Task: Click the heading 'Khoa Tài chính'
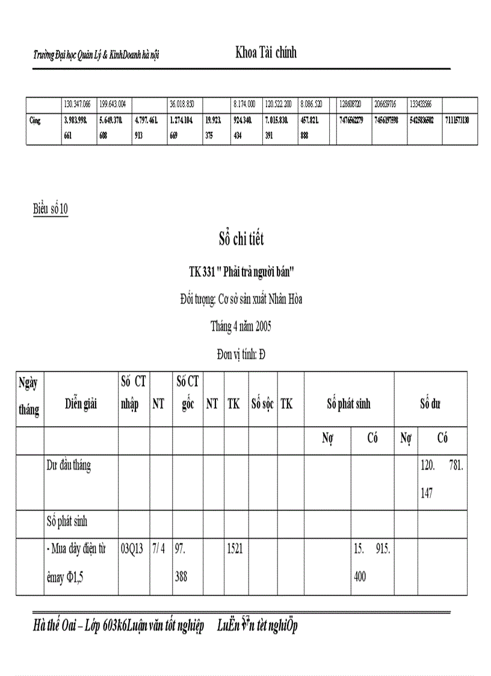(x=266, y=53)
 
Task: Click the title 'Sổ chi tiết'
(x=241, y=240)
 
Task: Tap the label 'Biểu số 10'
(x=51, y=209)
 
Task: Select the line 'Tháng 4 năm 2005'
(x=241, y=327)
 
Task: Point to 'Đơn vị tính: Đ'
(x=241, y=355)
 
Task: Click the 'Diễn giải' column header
(x=81, y=404)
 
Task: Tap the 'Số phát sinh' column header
(x=348, y=404)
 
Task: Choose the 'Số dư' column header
(x=430, y=404)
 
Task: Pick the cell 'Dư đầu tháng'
(x=69, y=465)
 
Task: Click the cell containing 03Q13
(x=132, y=550)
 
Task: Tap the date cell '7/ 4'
(x=159, y=550)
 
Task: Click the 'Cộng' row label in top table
(x=36, y=120)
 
